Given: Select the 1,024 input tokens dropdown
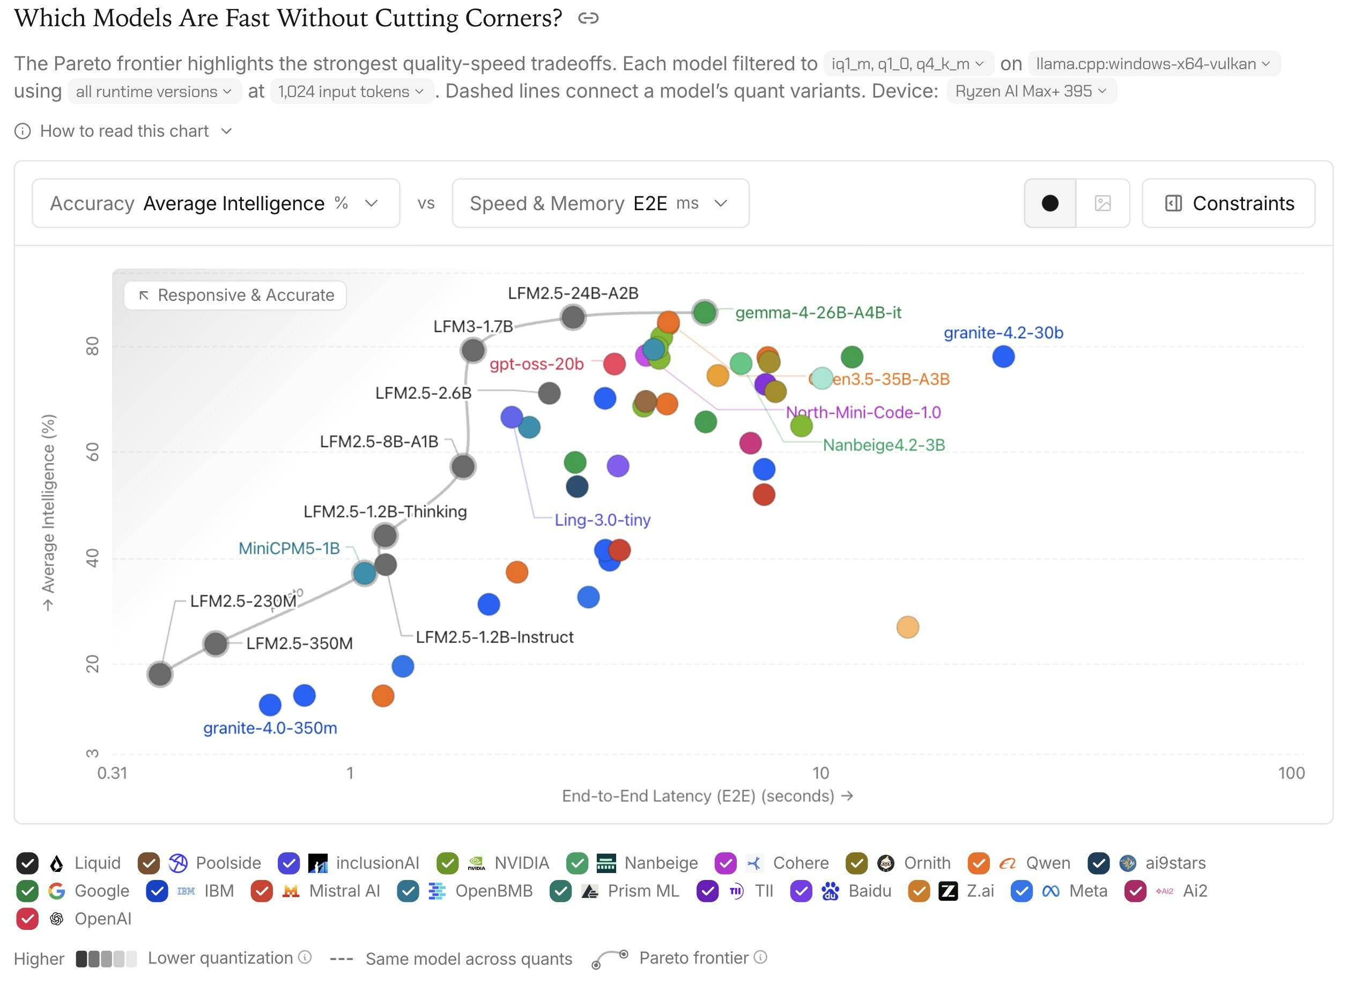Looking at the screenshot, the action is click(351, 91).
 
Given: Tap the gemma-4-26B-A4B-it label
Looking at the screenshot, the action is click(818, 313).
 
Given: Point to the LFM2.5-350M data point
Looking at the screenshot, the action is click(216, 644).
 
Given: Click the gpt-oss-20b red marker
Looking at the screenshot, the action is click(614, 364).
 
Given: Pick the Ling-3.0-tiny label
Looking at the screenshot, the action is click(602, 520).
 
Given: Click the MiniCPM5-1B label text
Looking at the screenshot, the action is click(289, 548).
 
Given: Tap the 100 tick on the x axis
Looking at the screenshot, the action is click(1291, 773).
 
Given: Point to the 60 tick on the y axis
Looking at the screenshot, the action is click(92, 452).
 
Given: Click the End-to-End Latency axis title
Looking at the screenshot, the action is click(707, 796).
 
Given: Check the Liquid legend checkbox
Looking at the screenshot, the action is click(27, 863).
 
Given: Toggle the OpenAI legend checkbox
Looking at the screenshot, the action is click(27, 919).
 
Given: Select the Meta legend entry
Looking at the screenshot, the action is click(1059, 891).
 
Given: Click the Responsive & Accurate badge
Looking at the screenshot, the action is click(235, 295).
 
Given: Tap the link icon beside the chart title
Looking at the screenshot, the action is click(588, 19).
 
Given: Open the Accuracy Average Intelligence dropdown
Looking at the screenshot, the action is click(216, 203).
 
